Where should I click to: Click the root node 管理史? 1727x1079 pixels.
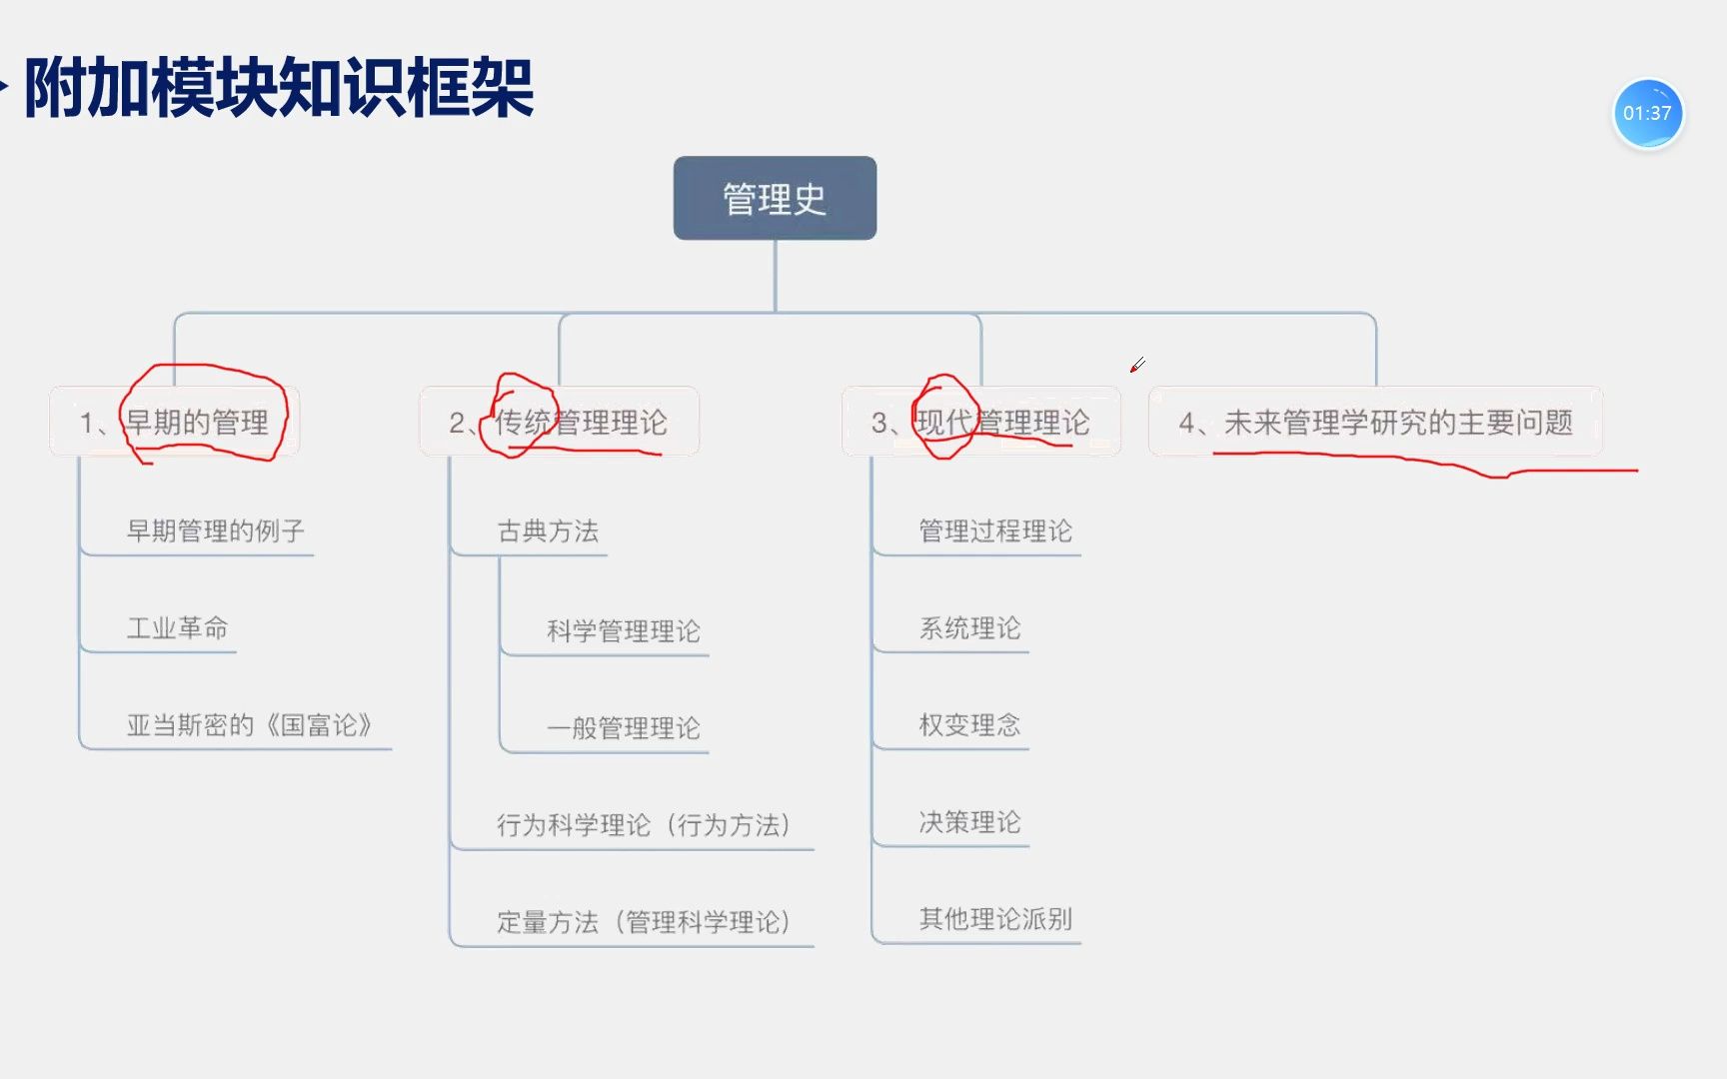[x=775, y=198]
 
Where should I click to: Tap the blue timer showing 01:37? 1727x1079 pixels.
[x=1648, y=114]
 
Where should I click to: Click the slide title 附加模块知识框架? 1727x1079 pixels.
[x=279, y=88]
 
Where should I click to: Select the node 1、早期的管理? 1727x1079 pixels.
[x=174, y=422]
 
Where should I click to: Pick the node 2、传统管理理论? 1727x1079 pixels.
[x=559, y=422]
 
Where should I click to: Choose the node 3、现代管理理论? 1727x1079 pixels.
[x=980, y=422]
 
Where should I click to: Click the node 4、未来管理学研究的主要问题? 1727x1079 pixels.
[x=1375, y=422]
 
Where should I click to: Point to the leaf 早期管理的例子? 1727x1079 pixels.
[x=215, y=531]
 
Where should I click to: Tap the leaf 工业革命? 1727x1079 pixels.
[x=177, y=627]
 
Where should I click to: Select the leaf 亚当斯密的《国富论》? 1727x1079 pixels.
[x=249, y=724]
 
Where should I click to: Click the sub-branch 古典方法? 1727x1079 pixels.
[x=548, y=531]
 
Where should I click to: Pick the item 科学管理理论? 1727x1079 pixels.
[x=623, y=630]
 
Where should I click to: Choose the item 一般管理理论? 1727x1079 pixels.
[x=623, y=727]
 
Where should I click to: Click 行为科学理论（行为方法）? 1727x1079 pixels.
[x=645, y=824]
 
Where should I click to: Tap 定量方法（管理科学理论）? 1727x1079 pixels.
[x=645, y=921]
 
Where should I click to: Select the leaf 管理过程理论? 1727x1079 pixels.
[x=995, y=531]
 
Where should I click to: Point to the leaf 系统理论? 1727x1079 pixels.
[x=969, y=627]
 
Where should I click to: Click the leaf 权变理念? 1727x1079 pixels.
[x=969, y=724]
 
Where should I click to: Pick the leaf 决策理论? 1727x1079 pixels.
[x=969, y=821]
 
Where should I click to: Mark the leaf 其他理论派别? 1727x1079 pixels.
[x=995, y=918]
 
